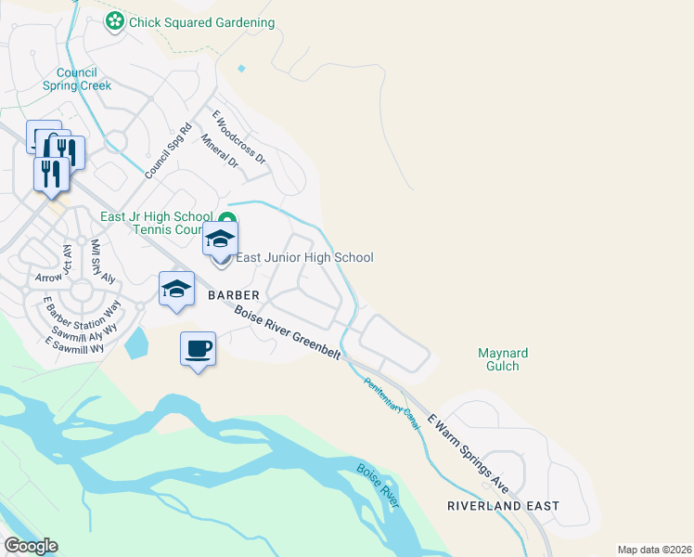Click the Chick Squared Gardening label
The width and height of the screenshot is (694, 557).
tap(201, 22)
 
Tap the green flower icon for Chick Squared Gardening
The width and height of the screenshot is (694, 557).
tap(115, 21)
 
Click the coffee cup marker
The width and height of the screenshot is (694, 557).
tap(199, 350)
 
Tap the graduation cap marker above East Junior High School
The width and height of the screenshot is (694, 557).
tap(221, 240)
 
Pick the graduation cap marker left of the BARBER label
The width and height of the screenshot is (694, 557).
tap(175, 290)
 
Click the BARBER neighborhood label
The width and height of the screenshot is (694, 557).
tap(233, 294)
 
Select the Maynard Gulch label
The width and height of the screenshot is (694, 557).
tap(503, 359)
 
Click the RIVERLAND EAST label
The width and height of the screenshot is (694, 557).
tap(503, 506)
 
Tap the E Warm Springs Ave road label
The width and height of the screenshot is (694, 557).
tap(469, 452)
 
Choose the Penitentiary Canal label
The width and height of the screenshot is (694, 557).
tap(392, 402)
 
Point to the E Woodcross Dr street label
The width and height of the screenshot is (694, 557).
tap(238, 137)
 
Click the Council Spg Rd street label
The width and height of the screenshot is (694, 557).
tap(168, 151)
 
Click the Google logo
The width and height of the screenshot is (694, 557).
tap(31, 546)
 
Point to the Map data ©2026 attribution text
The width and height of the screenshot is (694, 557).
tap(654, 550)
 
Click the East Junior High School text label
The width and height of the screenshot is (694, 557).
tap(304, 257)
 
